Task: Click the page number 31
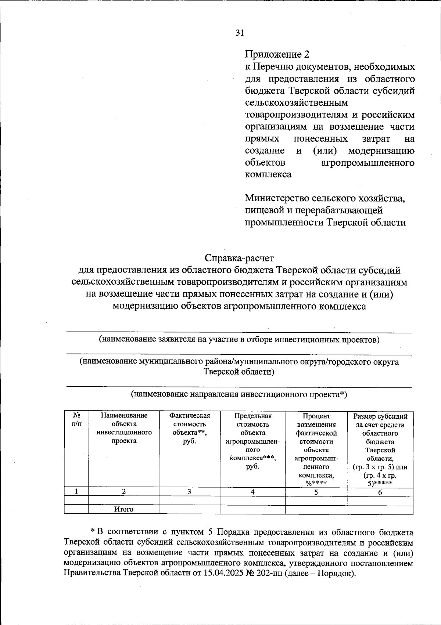click(x=240, y=33)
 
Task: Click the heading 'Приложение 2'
click(x=277, y=54)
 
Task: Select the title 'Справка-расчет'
click(x=239, y=258)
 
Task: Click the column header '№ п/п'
click(x=76, y=420)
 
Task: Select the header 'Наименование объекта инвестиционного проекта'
click(x=124, y=428)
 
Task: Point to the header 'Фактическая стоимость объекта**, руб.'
click(x=189, y=428)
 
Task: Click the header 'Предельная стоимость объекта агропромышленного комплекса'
click(x=253, y=441)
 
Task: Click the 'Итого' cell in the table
click(x=124, y=509)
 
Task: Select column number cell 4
click(x=253, y=492)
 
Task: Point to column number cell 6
click(x=380, y=492)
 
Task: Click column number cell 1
click(x=76, y=492)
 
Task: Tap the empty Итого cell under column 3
click(x=189, y=509)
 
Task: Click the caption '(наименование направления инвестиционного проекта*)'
click(x=239, y=395)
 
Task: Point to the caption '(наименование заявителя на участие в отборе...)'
click(x=239, y=339)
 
